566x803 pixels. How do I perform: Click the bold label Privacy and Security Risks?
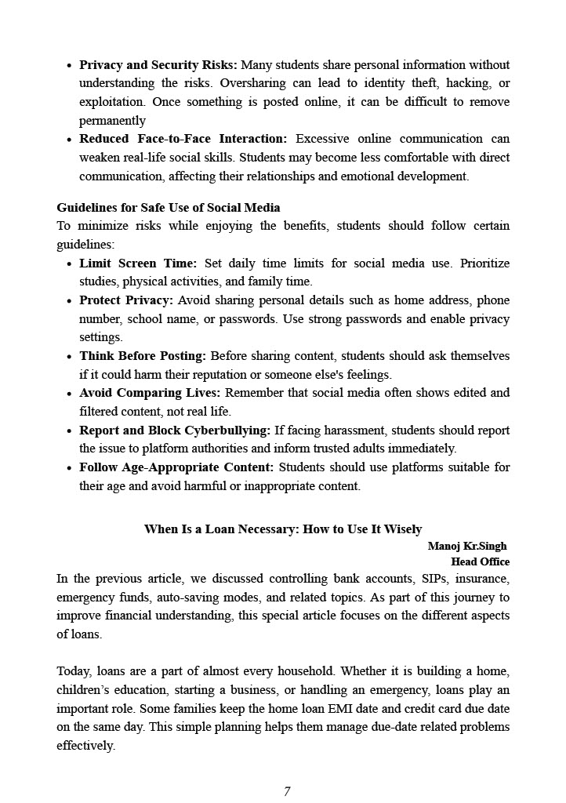(158, 65)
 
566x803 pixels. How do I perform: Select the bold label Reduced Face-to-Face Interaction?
(183, 139)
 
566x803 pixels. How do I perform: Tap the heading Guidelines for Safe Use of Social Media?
(169, 208)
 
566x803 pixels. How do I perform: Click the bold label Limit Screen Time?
(138, 263)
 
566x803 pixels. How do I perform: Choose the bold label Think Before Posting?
(143, 356)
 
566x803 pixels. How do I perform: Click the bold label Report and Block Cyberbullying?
(175, 431)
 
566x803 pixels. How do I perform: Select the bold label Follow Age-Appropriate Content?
(176, 467)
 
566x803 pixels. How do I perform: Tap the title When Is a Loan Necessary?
(283, 529)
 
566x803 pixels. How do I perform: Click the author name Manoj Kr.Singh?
(467, 546)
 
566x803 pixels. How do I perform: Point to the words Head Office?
(480, 561)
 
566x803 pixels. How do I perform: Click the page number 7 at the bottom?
(287, 791)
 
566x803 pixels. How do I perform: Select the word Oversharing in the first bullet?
(252, 83)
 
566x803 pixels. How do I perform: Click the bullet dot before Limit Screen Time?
(70, 264)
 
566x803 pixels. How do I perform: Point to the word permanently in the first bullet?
(112, 121)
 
